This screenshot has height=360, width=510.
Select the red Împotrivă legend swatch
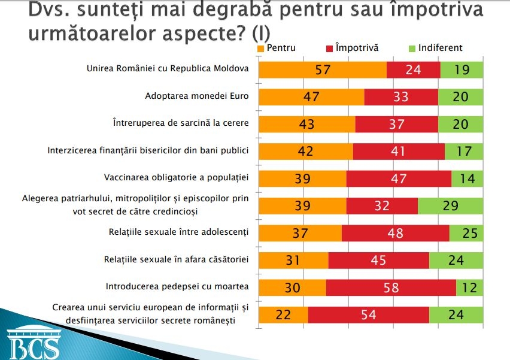pos(330,48)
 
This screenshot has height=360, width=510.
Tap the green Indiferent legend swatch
pos(411,48)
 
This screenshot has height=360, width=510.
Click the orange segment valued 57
pos(323,69)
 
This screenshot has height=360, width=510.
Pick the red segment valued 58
pos(391,288)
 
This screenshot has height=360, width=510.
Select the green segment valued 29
pos(451,206)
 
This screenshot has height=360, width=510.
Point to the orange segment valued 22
pos(283,314)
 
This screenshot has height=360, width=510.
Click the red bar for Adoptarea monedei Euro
pos(401,97)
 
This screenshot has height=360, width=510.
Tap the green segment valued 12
pos(470,288)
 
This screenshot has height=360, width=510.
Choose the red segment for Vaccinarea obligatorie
pos(399,179)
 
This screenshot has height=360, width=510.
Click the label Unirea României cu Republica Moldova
pos(168,68)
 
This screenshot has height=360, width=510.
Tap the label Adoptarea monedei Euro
pos(197,95)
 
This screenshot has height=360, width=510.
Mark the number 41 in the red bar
pos(399,152)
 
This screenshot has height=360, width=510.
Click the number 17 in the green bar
pos(464,152)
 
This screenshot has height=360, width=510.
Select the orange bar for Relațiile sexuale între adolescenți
pos(300,233)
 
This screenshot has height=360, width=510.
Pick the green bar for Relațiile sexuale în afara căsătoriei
pos(456,261)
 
